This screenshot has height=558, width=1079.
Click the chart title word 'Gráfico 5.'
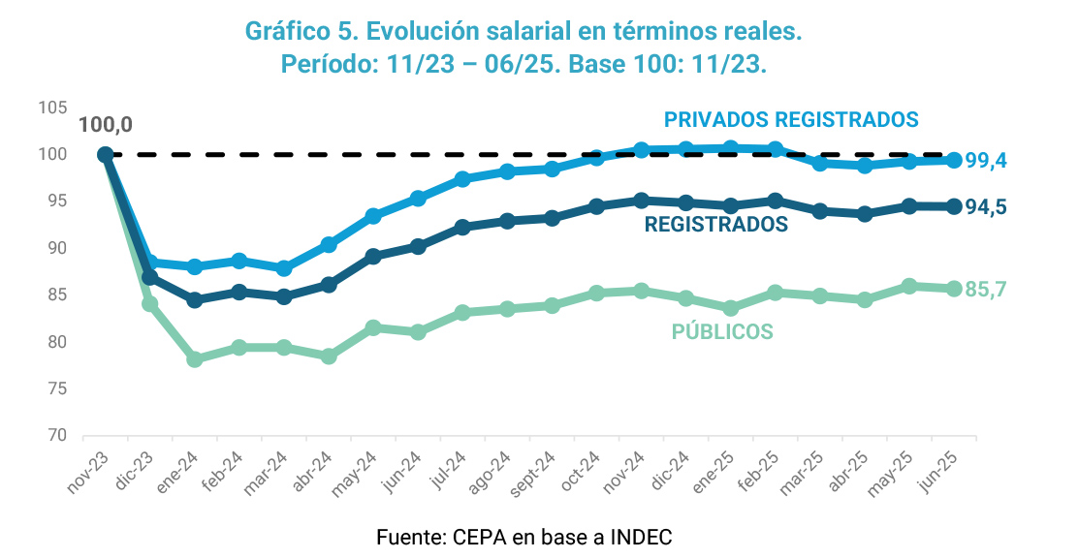click(301, 32)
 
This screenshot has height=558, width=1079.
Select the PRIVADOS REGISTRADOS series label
click(790, 119)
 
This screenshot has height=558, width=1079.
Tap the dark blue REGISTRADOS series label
click(716, 225)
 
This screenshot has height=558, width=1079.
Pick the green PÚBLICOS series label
click(722, 332)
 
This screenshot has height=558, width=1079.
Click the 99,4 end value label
click(986, 161)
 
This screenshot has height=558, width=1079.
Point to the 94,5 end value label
click(986, 207)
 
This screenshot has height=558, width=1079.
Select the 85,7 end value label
click(986, 289)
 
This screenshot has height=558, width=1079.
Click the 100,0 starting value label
click(105, 125)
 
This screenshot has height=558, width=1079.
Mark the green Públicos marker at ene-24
click(194, 359)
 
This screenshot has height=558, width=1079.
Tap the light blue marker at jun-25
click(954, 160)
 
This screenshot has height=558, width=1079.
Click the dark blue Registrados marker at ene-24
click(194, 300)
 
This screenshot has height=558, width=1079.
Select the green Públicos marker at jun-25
click(954, 289)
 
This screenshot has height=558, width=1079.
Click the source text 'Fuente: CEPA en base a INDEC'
click(524, 537)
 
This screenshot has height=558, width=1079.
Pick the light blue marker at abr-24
click(329, 245)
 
